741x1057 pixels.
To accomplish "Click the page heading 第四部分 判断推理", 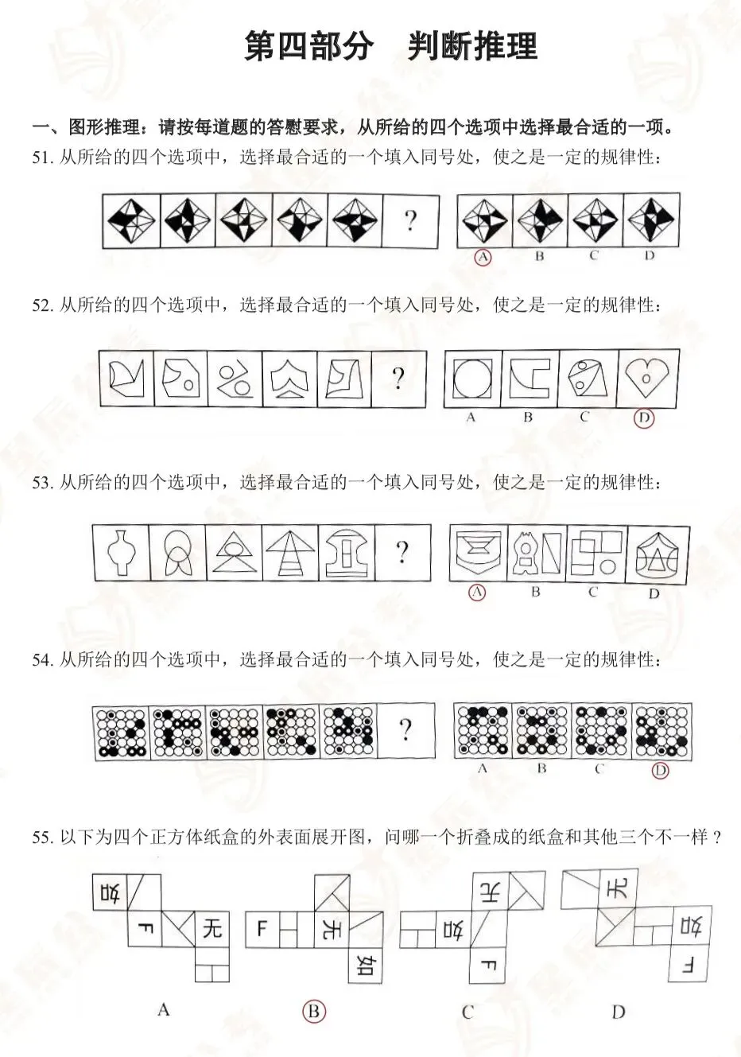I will coord(390,47).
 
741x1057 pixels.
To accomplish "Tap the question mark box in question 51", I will coord(409,220).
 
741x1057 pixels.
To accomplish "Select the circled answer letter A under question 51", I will coord(482,257).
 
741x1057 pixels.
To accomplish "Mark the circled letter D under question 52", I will coord(644,418).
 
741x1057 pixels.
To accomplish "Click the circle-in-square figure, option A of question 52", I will coord(471,377).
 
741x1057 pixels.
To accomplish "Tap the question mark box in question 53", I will coord(402,553).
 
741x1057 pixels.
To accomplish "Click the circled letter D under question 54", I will coord(659,770).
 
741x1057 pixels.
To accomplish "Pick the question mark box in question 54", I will coord(405,729).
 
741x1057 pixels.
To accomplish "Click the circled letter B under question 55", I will coord(313,1011).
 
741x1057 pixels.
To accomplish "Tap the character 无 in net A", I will coord(212,927).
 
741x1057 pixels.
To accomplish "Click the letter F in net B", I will coord(262,928).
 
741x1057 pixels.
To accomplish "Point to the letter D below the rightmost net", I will coord(619,1011).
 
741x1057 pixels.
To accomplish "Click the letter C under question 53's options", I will coord(593,592).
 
